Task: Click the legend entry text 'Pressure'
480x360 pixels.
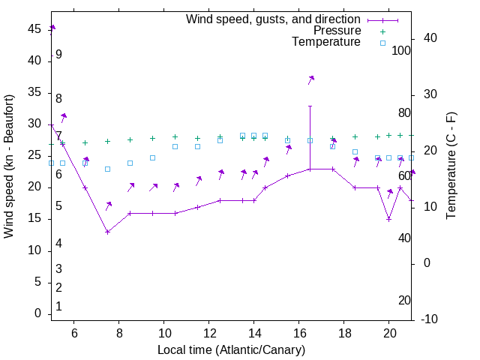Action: (337, 31)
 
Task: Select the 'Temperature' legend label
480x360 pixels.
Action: (326, 42)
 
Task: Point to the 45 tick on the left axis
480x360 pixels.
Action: (34, 28)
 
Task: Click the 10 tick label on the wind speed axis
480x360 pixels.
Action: (34, 250)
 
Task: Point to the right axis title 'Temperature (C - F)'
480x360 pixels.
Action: (451, 166)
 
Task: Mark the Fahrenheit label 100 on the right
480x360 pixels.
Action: (402, 51)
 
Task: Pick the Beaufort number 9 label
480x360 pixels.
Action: (58, 55)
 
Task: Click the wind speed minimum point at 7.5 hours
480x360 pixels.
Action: (107, 232)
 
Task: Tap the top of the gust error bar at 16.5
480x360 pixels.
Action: (310, 106)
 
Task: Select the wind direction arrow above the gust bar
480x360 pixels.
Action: (310, 79)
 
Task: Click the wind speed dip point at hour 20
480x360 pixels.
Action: (388, 219)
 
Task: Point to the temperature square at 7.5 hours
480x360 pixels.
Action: (107, 169)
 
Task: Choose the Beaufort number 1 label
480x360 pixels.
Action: (58, 307)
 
